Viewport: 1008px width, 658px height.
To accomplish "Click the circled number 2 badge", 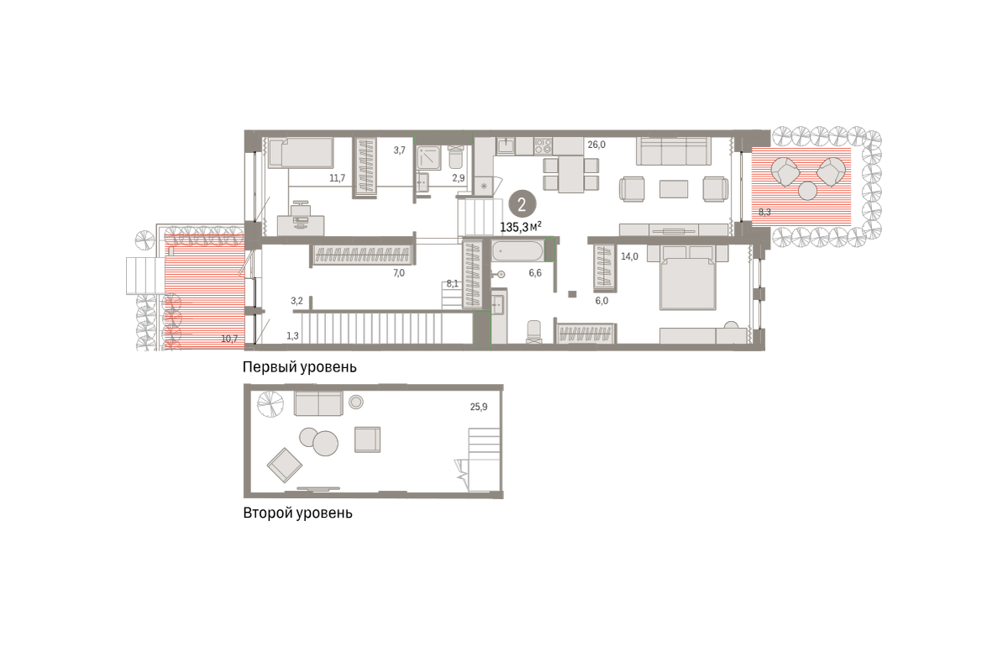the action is click(x=522, y=205).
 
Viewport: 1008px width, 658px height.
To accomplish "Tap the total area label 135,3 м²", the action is click(x=521, y=227).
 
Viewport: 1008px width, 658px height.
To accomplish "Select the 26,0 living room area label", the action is click(x=596, y=145).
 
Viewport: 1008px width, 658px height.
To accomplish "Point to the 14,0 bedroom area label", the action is click(x=629, y=256).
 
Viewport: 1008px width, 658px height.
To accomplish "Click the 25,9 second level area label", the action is click(x=478, y=407).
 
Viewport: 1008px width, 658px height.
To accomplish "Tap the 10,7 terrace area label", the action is click(x=229, y=339).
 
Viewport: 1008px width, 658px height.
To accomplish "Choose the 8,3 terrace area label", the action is click(x=764, y=212).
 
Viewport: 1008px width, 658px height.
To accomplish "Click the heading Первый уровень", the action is click(x=299, y=367).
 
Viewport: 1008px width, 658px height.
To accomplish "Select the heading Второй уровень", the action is click(x=297, y=513).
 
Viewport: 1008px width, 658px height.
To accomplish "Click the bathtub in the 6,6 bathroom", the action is click(x=517, y=251).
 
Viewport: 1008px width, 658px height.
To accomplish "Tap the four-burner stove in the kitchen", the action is click(x=543, y=146).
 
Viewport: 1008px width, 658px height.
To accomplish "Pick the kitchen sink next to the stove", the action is click(x=506, y=146).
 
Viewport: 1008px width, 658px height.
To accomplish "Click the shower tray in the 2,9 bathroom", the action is click(x=428, y=157).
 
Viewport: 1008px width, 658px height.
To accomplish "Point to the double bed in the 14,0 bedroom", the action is click(x=688, y=283).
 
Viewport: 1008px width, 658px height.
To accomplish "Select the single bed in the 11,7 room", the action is click(x=301, y=153).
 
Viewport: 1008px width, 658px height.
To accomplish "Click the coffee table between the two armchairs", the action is click(x=674, y=189).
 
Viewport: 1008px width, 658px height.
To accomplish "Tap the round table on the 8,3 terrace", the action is click(x=807, y=191).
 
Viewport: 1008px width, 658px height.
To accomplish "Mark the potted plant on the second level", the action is click(x=270, y=404).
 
